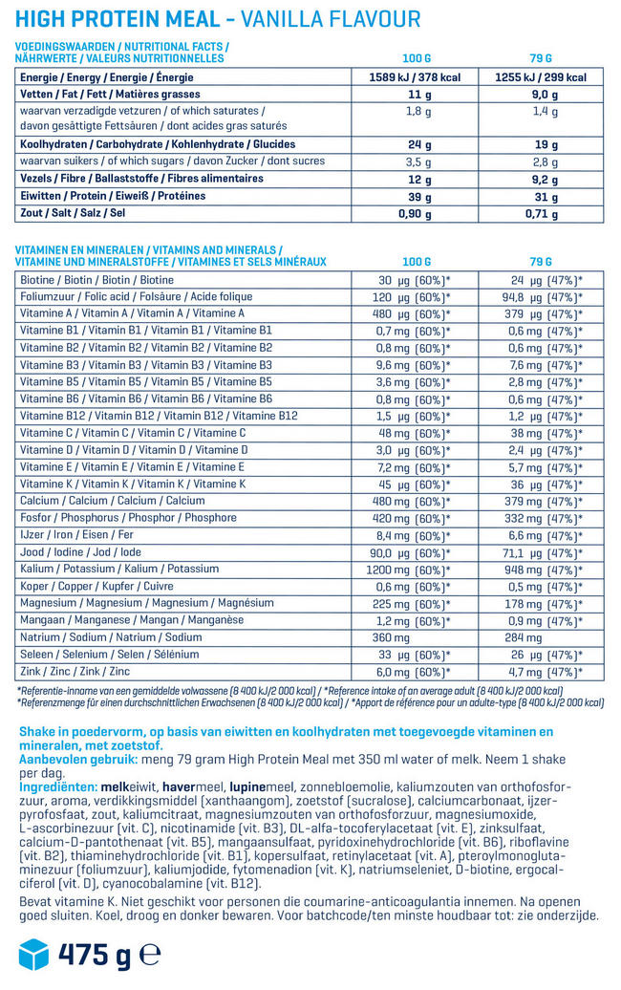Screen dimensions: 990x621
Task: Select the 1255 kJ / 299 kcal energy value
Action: click(540, 77)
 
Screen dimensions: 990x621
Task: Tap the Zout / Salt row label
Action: click(72, 213)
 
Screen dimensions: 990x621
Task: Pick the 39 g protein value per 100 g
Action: click(415, 196)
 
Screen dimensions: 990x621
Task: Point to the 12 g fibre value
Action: click(415, 179)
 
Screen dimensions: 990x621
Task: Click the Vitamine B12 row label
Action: click(159, 416)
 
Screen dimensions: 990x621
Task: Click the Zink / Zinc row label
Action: click(77, 673)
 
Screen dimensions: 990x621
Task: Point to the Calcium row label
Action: click(112, 501)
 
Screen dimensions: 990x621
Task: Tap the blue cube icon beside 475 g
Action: click(33, 954)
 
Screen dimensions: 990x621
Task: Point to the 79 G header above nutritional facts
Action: click(540, 57)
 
